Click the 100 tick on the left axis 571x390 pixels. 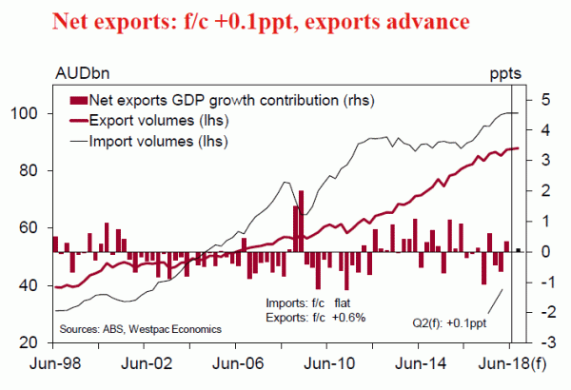pyautogui.click(x=30, y=113)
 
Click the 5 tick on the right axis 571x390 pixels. pyautogui.click(x=539, y=99)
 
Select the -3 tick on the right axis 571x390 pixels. pyautogui.click(x=536, y=342)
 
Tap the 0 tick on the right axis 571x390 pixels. pyautogui.click(x=539, y=251)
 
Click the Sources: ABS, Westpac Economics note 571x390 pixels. pyautogui.click(x=140, y=328)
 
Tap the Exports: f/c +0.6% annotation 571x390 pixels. pyautogui.click(x=316, y=317)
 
